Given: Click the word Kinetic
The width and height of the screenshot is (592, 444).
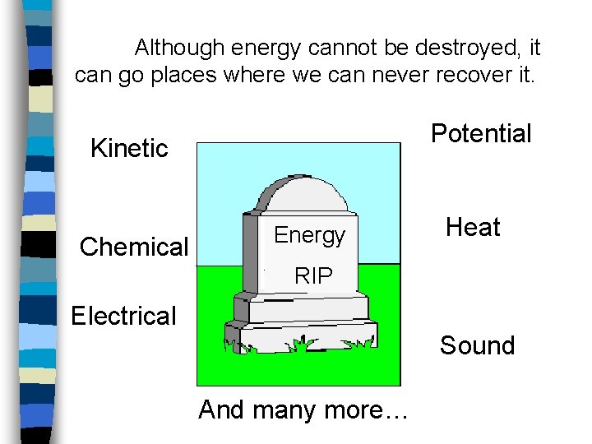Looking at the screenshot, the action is (129, 148).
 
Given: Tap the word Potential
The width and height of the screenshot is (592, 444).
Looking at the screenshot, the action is (481, 133).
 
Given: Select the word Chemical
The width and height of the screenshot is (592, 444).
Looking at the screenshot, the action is (134, 247).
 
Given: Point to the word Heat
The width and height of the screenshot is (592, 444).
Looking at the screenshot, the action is (473, 227).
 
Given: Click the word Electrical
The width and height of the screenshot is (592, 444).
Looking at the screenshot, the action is (123, 316).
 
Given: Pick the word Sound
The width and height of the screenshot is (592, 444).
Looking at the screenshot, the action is (477, 345).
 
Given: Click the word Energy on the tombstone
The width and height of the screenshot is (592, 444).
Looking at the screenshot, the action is (309, 235).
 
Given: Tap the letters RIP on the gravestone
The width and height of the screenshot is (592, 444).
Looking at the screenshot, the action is (313, 276).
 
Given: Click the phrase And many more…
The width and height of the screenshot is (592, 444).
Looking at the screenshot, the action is (303, 409).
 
